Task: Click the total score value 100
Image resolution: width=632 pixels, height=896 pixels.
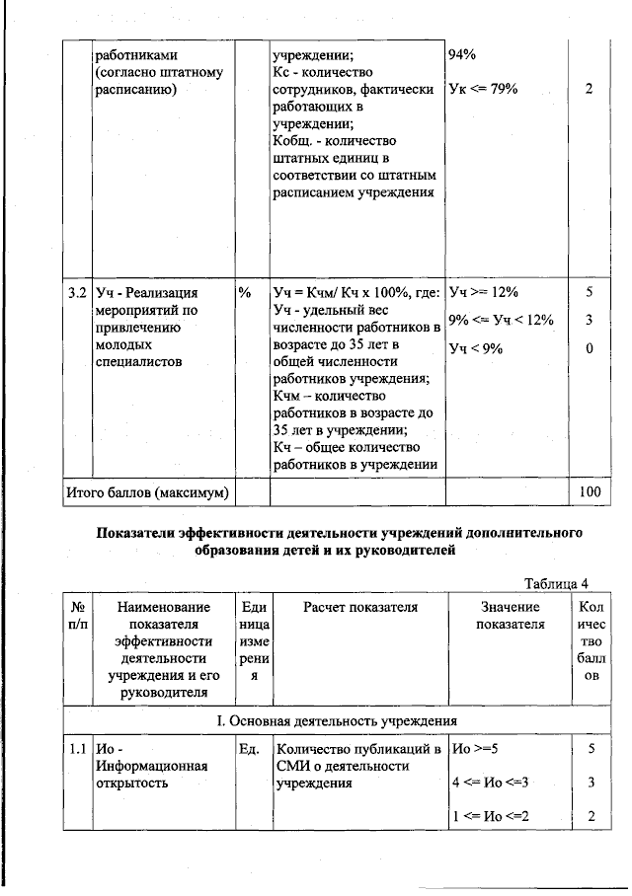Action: [x=590, y=490]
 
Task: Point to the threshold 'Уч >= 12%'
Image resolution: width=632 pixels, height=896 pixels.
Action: [x=484, y=293]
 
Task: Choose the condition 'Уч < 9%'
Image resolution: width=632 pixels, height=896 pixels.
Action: [x=478, y=347]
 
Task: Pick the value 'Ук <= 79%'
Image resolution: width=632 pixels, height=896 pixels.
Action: [x=484, y=89]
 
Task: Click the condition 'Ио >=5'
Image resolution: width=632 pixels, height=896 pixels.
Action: [x=475, y=749]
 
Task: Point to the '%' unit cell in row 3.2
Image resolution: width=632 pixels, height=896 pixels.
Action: [x=244, y=293]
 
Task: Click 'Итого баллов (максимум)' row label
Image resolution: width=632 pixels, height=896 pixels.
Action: [x=147, y=490]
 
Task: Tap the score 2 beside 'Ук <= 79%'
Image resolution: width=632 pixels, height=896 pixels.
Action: [x=590, y=89]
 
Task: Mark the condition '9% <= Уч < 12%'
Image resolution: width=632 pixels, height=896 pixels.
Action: [x=501, y=320]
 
